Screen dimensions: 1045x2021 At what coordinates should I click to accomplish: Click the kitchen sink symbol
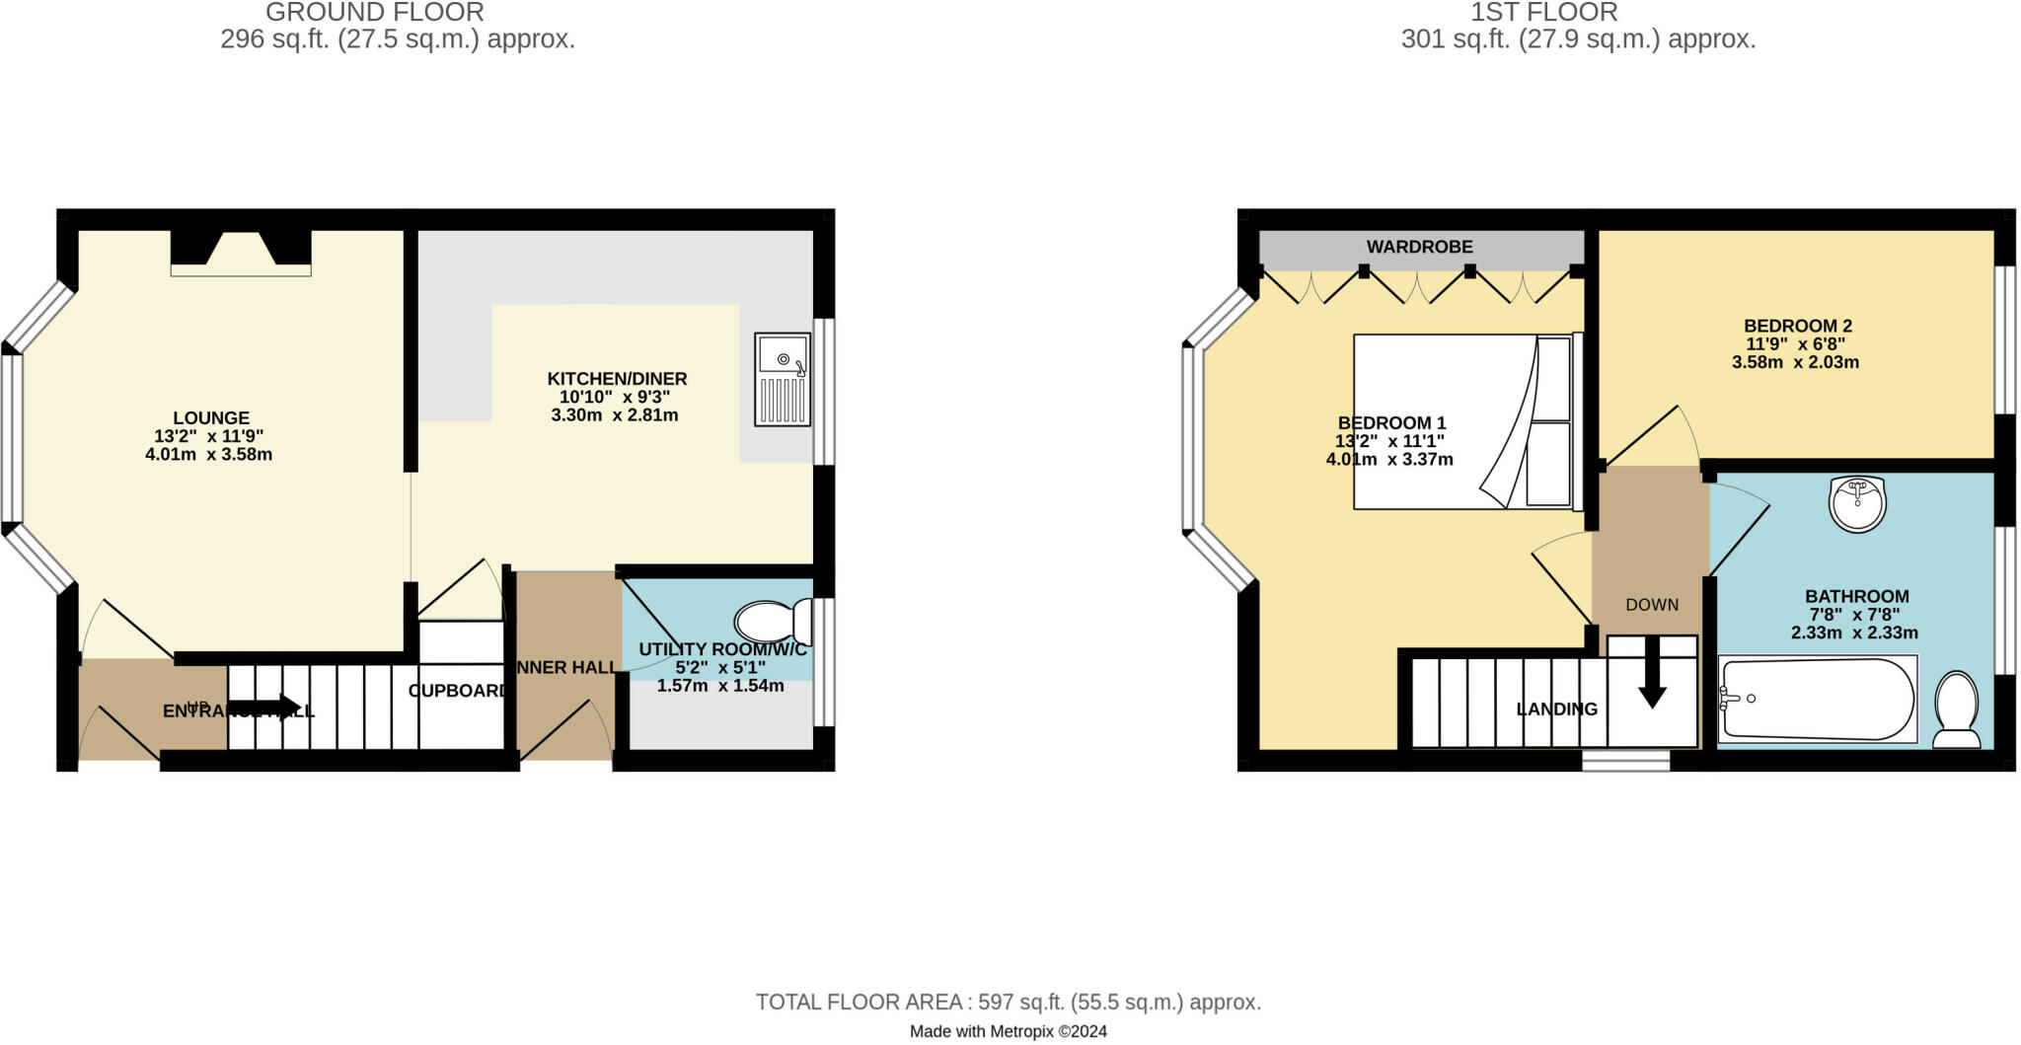click(x=783, y=380)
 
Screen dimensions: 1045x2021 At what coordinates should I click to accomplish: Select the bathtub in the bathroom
click(x=1817, y=699)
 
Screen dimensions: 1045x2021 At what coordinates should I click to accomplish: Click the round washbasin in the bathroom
click(x=1857, y=504)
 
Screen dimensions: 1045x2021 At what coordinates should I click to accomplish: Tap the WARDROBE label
click(x=1419, y=247)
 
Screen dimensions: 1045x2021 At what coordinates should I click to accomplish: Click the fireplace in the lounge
click(x=241, y=252)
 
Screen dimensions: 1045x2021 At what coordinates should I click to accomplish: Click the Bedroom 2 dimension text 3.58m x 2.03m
click(x=1795, y=362)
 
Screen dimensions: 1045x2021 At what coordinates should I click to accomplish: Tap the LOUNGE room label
click(x=211, y=418)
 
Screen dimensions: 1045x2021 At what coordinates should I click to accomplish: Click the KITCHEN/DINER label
click(x=617, y=379)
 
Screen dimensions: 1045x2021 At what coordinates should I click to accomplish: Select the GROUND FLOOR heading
click(x=375, y=13)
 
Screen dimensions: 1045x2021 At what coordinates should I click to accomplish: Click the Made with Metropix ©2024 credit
click(x=1008, y=1032)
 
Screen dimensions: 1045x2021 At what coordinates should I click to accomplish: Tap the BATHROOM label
click(x=1856, y=596)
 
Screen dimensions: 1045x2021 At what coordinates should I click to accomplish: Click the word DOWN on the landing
click(x=1652, y=605)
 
